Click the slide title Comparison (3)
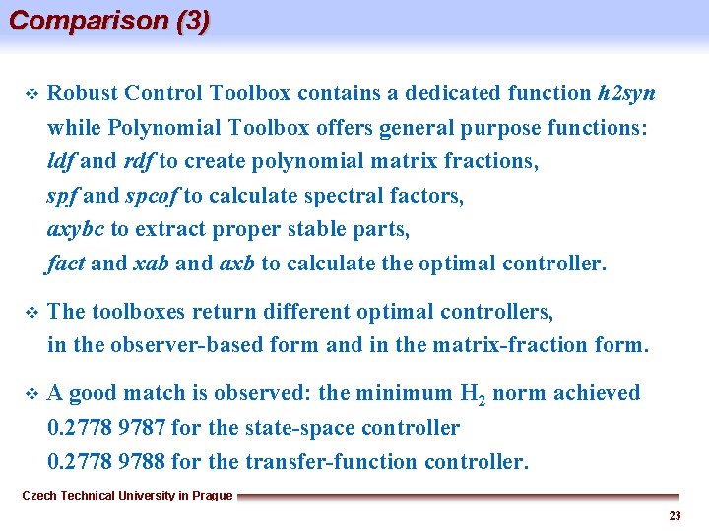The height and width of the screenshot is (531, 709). click(108, 21)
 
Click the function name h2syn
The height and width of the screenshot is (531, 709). click(626, 94)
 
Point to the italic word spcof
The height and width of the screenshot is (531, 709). click(152, 196)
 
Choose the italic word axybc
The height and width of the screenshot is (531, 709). click(75, 230)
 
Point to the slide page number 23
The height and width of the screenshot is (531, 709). click(675, 516)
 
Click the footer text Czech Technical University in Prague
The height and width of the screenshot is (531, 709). click(127, 496)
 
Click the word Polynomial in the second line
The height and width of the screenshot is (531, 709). click(162, 128)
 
